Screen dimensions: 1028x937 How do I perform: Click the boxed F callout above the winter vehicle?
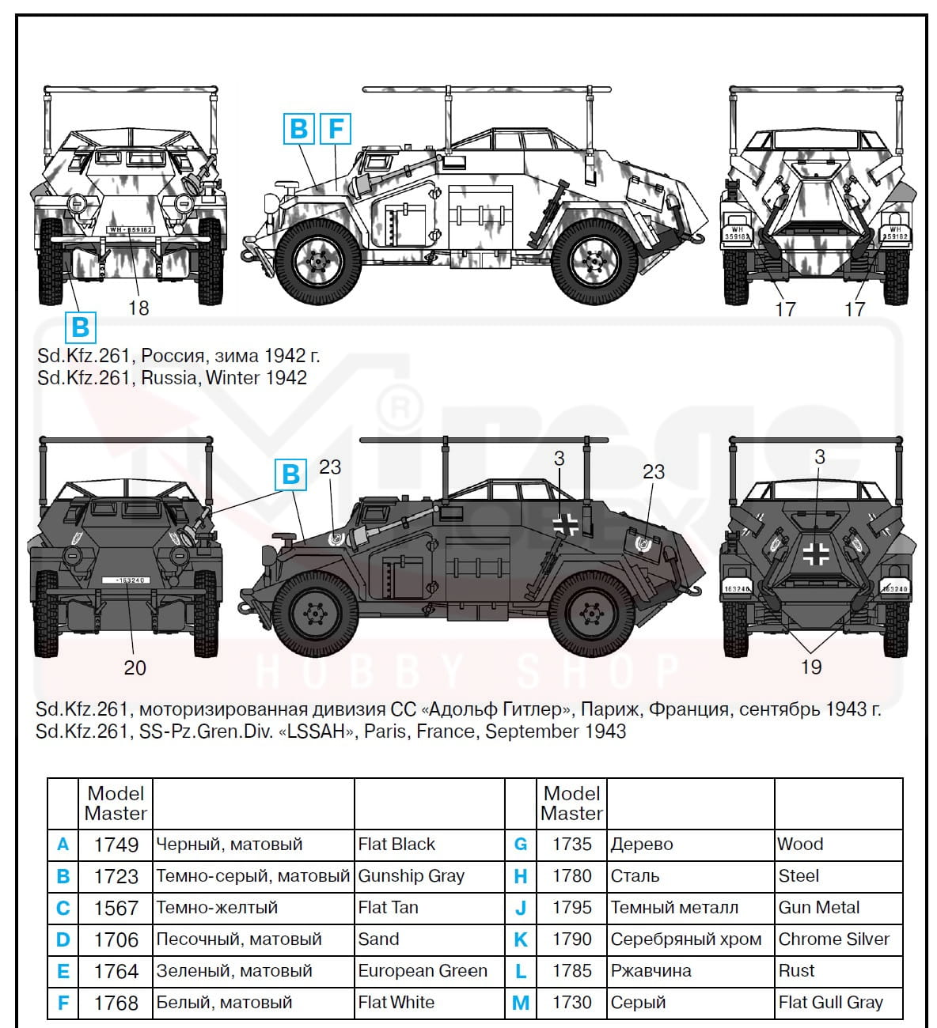pos(336,128)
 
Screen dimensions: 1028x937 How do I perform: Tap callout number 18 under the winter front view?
pos(138,308)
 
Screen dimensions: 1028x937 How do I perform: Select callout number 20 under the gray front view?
pos(135,667)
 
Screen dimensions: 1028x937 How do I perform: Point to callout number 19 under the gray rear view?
pos(811,667)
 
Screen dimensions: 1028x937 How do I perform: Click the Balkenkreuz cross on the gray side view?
pos(566,523)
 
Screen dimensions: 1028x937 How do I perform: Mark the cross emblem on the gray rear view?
pos(816,553)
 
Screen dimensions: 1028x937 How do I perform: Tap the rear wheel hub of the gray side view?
pos(592,611)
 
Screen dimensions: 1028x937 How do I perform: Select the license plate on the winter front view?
pos(130,229)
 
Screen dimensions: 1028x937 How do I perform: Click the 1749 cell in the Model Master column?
pos(116,845)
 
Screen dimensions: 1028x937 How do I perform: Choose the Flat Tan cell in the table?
pos(388,908)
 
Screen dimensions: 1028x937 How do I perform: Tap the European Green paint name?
pos(423,971)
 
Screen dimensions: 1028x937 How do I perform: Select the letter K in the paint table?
pos(521,939)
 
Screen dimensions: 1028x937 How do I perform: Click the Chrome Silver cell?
pos(834,939)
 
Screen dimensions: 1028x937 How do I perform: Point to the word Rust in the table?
pos(797,971)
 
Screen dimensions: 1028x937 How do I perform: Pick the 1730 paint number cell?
pos(571,1003)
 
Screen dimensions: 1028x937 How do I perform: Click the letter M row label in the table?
pos(521,1003)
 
